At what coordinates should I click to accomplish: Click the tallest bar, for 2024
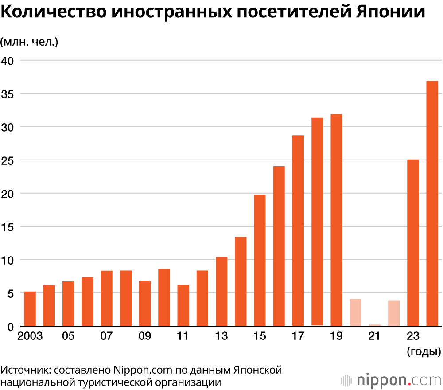tap(432, 203)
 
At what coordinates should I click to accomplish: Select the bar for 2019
tap(336, 220)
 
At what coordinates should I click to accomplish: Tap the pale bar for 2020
tap(355, 312)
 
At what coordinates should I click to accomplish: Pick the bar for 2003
tap(30, 308)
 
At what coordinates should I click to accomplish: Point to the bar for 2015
tap(260, 261)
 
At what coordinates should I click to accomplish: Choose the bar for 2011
tap(183, 305)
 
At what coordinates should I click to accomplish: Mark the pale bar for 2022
tap(394, 313)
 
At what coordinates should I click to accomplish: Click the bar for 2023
tap(413, 242)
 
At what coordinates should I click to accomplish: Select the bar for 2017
tap(298, 230)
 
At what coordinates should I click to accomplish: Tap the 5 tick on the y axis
tap(12, 293)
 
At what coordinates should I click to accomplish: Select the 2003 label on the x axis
tap(30, 336)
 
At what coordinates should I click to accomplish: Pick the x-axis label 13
tap(221, 336)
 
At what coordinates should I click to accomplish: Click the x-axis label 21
tap(374, 336)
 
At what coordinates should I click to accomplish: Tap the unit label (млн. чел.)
tap(29, 42)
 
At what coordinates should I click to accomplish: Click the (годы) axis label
tap(424, 352)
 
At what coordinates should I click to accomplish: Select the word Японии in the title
tap(390, 12)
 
